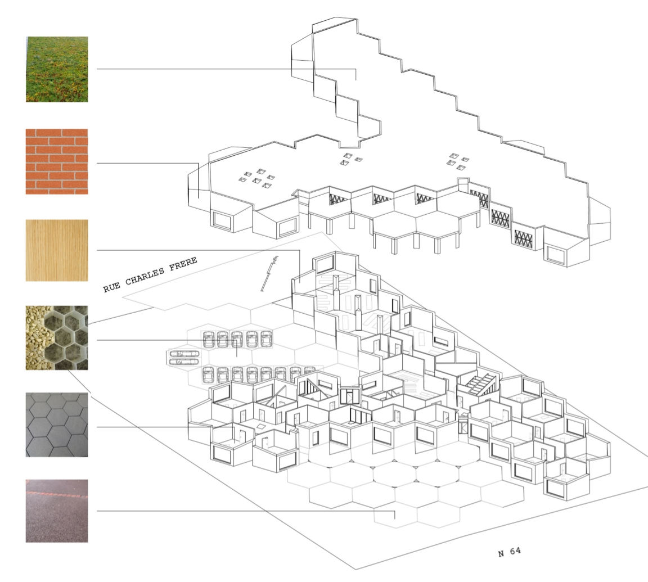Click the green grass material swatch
point(57,69)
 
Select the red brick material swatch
point(57,161)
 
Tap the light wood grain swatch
point(57,250)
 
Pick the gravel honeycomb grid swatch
point(57,338)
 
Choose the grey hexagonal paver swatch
point(57,425)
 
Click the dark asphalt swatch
point(57,511)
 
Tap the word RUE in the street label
point(111,287)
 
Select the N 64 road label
point(510,552)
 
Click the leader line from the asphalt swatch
point(245,511)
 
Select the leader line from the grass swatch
point(227,69)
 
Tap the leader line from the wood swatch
point(199,250)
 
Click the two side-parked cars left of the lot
point(184,358)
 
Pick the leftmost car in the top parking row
point(209,340)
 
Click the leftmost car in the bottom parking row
point(209,375)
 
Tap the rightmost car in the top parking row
point(265,339)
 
